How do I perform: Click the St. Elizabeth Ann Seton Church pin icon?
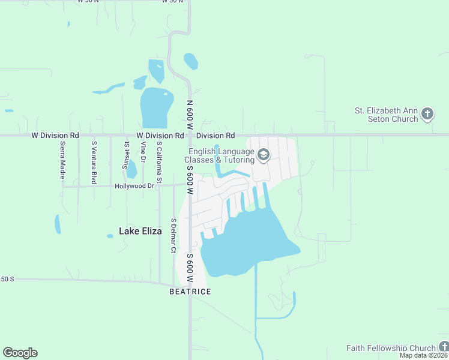coord(427,113)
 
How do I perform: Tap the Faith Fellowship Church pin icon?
coord(444,347)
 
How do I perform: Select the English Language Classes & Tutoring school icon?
coord(263,155)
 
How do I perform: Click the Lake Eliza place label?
coord(140,230)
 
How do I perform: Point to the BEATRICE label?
coord(190,292)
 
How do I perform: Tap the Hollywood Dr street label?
coord(134,186)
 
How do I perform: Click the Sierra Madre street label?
coord(62,160)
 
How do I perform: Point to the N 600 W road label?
coord(189,115)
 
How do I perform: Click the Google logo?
coord(20,353)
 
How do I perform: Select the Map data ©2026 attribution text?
coord(424,355)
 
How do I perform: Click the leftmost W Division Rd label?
coord(55,136)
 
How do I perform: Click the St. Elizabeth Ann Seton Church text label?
coord(386,115)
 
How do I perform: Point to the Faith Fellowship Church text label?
coord(391,348)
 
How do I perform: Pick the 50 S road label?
coord(7,280)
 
